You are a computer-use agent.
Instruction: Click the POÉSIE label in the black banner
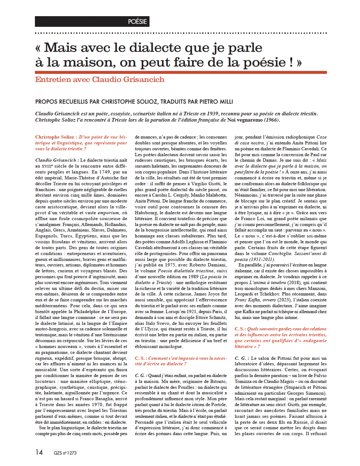click(137, 22)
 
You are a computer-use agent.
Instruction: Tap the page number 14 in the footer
click(39, 452)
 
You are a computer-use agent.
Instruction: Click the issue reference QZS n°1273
click(65, 453)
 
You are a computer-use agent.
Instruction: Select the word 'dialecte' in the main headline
click(155, 47)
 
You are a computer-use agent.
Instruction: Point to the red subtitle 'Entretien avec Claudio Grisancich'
click(100, 79)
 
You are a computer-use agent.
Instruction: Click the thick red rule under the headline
click(181, 72)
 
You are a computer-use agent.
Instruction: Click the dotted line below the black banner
click(181, 33)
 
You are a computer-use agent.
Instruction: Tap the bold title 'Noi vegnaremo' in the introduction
click(245, 120)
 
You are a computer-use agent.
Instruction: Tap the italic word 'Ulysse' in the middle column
click(151, 329)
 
